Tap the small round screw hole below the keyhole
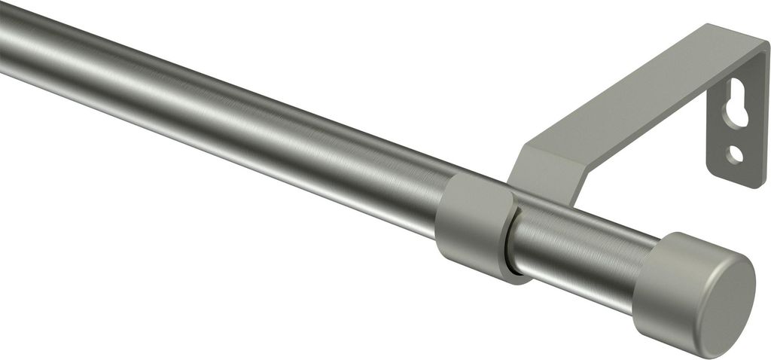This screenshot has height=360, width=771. click(735, 154)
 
